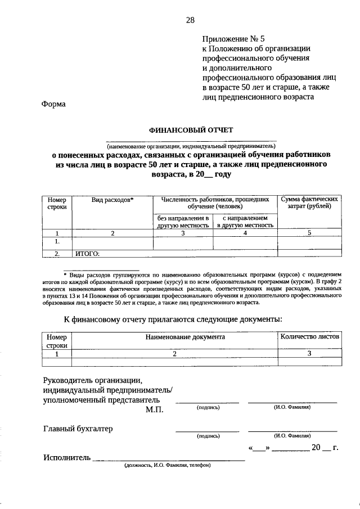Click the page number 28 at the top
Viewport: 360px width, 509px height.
pyautogui.click(x=190, y=20)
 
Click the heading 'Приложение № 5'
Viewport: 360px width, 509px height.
pyautogui.click(x=233, y=39)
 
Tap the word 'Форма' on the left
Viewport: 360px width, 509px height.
pyautogui.click(x=54, y=103)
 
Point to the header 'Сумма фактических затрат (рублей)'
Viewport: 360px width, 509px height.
pyautogui.click(x=310, y=203)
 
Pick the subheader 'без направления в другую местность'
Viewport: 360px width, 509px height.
pyautogui.click(x=183, y=221)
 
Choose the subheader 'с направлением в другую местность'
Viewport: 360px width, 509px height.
pyautogui.click(x=245, y=221)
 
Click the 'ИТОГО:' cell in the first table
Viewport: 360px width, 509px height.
pyautogui.click(x=87, y=254)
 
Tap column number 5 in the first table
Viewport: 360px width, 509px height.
pyautogui.click(x=310, y=233)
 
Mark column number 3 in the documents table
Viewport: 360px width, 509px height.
pyautogui.click(x=310, y=354)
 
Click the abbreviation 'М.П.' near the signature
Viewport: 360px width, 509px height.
pyautogui.click(x=154, y=410)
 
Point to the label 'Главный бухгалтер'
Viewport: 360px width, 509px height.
pyautogui.click(x=78, y=429)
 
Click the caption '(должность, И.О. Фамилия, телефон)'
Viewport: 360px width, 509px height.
pyautogui.click(x=168, y=466)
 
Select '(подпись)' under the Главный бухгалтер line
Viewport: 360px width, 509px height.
pyautogui.click(x=208, y=436)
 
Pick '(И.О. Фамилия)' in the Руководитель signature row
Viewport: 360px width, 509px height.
pyautogui.click(x=292, y=407)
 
